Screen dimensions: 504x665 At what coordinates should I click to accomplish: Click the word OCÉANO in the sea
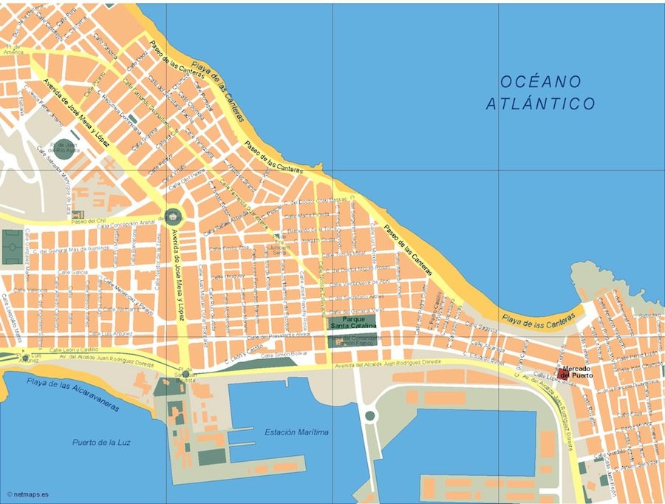[x=540, y=81]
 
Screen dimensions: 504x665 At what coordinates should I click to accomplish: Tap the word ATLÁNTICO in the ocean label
[x=540, y=104]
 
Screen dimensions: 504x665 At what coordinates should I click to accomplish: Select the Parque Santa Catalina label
[x=353, y=322]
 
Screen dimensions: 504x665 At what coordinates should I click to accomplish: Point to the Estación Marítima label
[x=296, y=432]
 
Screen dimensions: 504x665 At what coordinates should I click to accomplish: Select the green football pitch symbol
[x=11, y=246]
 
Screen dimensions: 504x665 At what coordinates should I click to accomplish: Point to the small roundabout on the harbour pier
[x=369, y=416]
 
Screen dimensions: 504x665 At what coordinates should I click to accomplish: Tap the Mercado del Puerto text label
[x=576, y=372]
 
